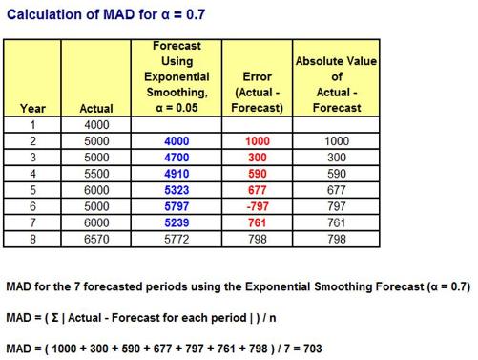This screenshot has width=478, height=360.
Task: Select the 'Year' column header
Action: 32,109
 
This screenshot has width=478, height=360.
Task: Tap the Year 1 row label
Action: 32,124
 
